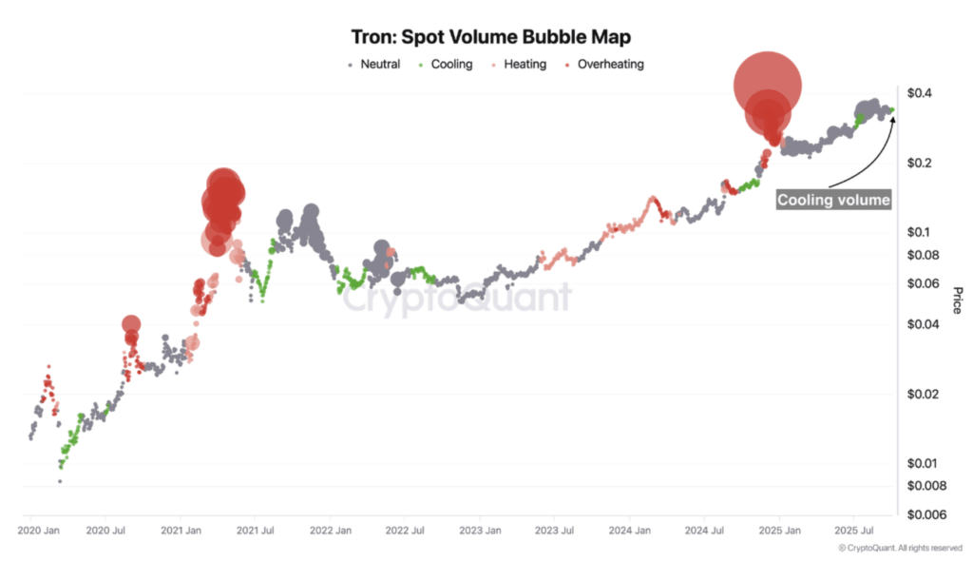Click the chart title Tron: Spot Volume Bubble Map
tap(486, 37)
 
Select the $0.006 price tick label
tap(925, 514)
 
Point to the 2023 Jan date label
tap(480, 529)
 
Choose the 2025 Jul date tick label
tap(852, 529)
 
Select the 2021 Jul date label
tap(256, 529)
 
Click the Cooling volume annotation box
tap(833, 200)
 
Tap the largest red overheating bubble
tap(768, 86)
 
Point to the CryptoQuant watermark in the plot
tap(456, 299)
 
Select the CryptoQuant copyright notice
tap(900, 549)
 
